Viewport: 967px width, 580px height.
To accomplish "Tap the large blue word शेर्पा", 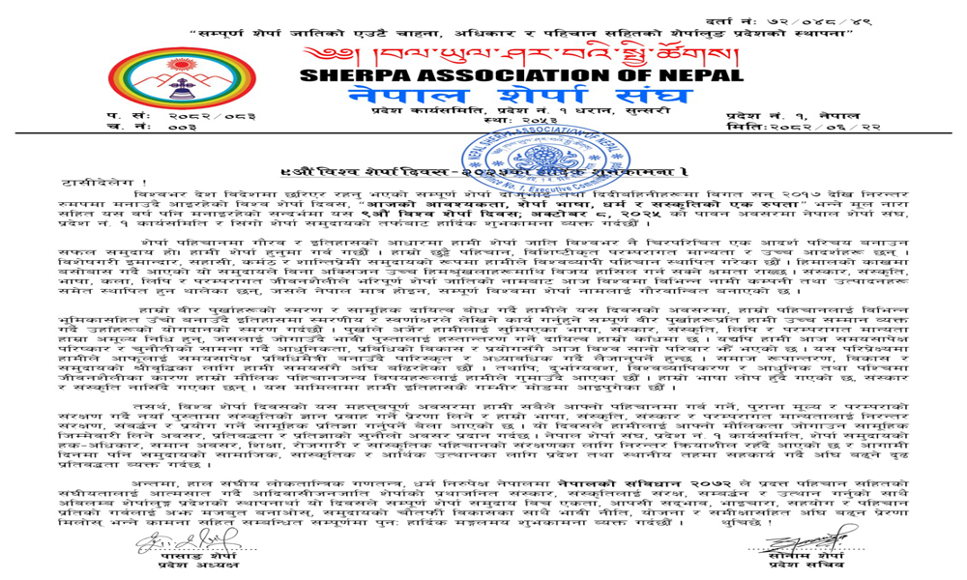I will click(531, 102).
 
